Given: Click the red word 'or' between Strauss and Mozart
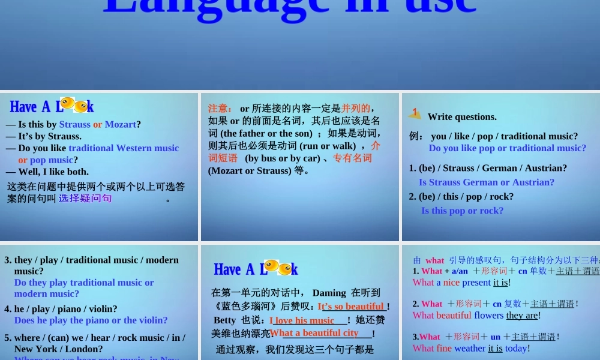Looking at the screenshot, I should (x=98, y=124).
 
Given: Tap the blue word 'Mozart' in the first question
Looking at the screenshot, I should (x=120, y=124).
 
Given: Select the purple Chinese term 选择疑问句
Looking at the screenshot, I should (x=85, y=198).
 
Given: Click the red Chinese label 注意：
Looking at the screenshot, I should (x=220, y=109).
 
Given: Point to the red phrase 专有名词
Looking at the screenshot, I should (x=352, y=158).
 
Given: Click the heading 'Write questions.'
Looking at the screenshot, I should (x=462, y=116).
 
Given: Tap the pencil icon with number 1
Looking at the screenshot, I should (x=415, y=112).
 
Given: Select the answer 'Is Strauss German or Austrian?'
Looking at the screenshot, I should (x=487, y=182).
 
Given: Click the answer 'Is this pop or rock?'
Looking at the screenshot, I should (x=463, y=210).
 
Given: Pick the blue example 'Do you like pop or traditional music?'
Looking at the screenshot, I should (x=508, y=148).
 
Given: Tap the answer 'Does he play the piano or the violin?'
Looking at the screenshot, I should (x=91, y=320).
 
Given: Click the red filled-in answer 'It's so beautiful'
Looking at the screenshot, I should (x=351, y=306).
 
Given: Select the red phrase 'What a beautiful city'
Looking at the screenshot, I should (x=314, y=333).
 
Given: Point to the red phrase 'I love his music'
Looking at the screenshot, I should (x=302, y=320).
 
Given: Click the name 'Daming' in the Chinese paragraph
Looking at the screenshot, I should (x=329, y=293).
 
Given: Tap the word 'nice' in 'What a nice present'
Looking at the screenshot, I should (x=451, y=282).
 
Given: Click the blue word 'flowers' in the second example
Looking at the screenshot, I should (x=490, y=315).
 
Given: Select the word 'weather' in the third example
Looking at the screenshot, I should (x=470, y=348).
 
